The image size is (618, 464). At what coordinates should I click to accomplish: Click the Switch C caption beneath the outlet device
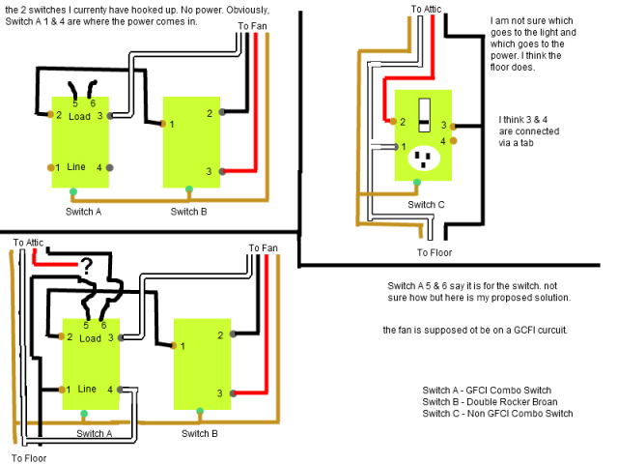pos(426,204)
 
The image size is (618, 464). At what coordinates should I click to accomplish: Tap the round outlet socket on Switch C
pos(422,158)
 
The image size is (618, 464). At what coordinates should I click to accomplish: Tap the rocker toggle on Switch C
pos(422,113)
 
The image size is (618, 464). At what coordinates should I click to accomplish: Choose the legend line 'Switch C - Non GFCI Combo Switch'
pos(497,413)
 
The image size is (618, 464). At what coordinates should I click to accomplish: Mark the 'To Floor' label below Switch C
pos(435,253)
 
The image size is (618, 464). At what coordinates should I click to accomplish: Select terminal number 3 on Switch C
pos(443,126)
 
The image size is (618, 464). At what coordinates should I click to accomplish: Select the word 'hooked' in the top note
pos(131,10)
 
